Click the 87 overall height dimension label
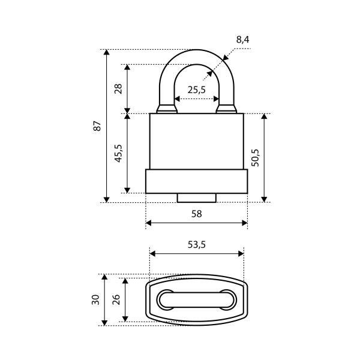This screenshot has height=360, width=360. point(97,126)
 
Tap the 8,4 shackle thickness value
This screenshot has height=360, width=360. point(242,40)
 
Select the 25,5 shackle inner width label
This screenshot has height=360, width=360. point(197,90)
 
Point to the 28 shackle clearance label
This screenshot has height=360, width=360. point(118,89)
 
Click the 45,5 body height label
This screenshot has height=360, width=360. point(118,154)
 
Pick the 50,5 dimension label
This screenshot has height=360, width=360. point(255,158)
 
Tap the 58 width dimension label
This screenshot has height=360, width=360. point(197,214)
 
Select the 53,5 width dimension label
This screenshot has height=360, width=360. point(197,245)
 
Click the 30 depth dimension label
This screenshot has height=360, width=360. point(95,299)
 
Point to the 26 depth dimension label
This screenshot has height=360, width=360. point(116,299)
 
